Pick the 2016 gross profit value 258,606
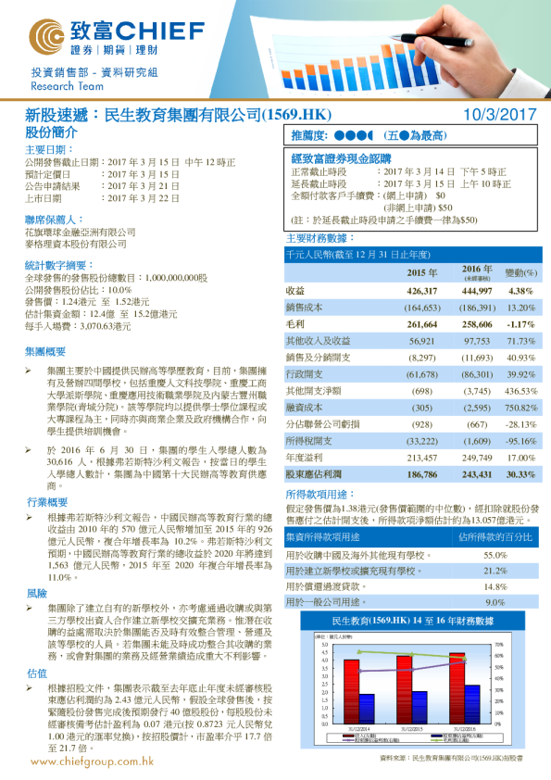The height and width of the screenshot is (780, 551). [472, 325]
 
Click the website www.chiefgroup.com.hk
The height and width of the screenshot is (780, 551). [92, 761]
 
